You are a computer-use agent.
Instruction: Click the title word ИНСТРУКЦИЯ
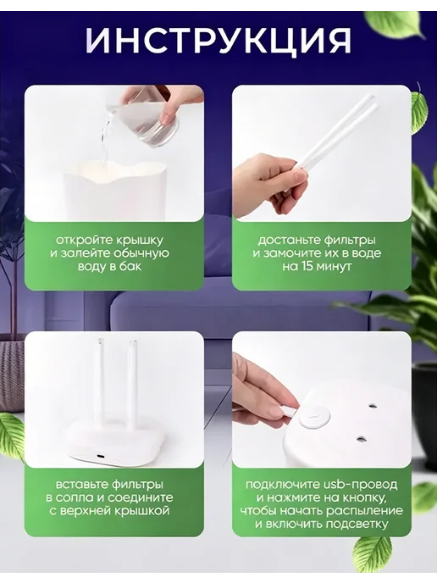coord(218,40)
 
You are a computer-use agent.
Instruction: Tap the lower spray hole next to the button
coord(360,440)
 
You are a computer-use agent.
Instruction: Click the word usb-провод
coord(357,485)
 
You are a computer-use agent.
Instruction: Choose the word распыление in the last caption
coord(364,511)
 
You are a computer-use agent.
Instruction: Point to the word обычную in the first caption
coord(141,253)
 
